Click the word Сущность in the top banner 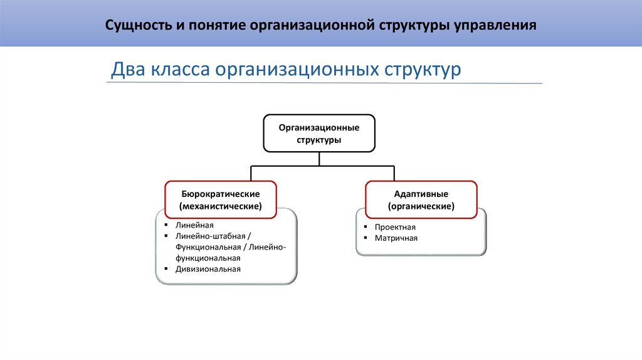click(132, 26)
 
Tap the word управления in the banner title click(499, 26)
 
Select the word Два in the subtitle click(127, 69)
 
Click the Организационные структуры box click(319, 134)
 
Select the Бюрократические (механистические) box click(220, 199)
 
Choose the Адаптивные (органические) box click(421, 199)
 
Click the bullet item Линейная click(195, 225)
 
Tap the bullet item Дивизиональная click(208, 269)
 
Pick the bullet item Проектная click(395, 227)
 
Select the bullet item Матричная click(396, 238)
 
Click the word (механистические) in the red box click(220, 206)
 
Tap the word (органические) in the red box click(421, 206)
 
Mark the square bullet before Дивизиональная click(166, 269)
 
